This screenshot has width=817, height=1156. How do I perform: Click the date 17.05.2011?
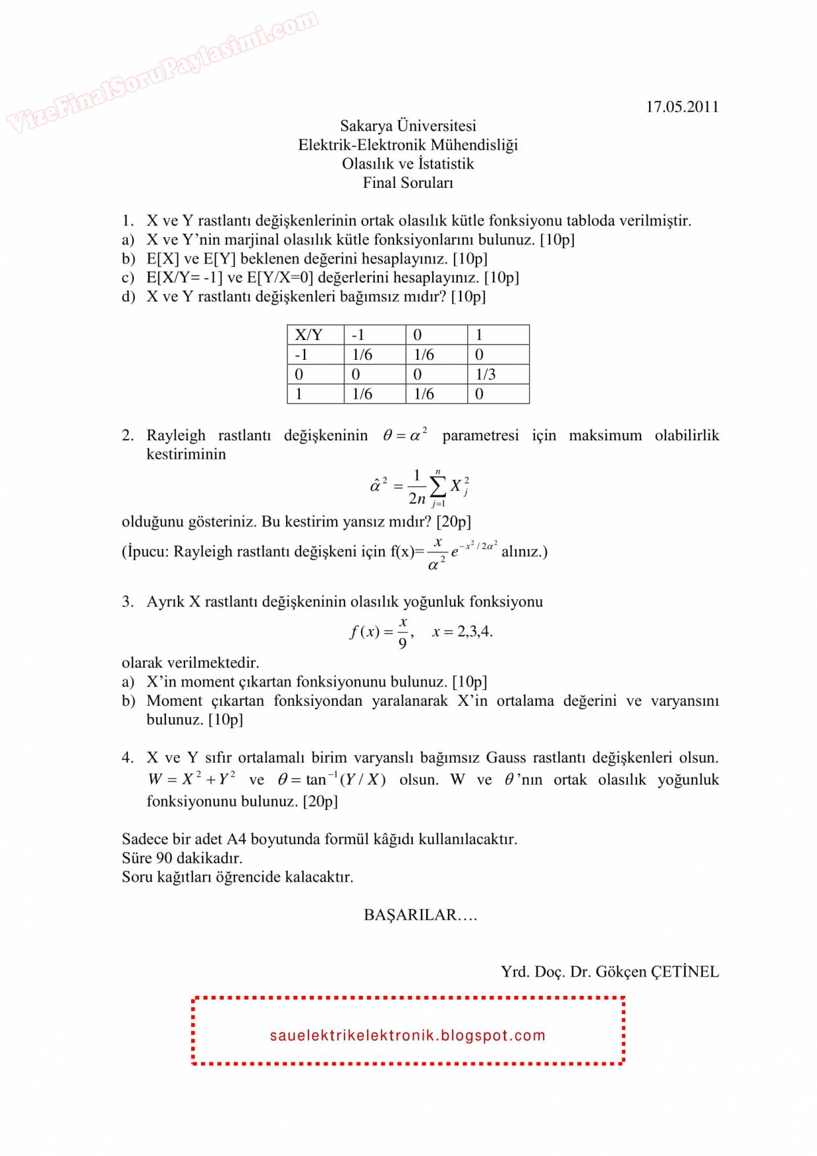(682, 107)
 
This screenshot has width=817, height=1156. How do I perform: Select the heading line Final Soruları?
(408, 183)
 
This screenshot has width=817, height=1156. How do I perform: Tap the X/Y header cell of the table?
(308, 335)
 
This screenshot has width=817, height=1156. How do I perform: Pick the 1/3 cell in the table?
(486, 374)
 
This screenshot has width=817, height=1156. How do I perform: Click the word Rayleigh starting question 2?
(176, 436)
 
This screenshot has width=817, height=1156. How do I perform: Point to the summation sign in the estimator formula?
(437, 487)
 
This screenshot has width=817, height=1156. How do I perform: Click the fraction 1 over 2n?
(417, 487)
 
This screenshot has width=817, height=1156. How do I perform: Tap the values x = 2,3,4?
(462, 631)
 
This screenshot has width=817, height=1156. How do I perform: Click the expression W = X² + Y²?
(192, 779)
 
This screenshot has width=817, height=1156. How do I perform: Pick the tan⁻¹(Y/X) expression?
(345, 779)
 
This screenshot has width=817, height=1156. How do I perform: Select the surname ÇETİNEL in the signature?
(685, 971)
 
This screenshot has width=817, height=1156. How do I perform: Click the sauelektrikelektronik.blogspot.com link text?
(408, 1035)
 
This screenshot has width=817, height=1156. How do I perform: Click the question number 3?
(127, 602)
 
